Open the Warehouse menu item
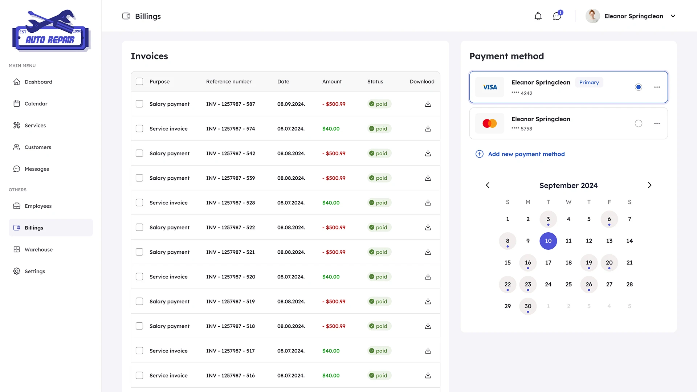38,249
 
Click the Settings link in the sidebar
35,271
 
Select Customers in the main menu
38,147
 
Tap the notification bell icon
538,16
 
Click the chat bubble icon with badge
557,16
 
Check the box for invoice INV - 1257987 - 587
139,104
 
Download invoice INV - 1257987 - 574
428,128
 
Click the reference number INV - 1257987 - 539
231,178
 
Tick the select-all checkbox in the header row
139,81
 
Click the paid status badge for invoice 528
379,203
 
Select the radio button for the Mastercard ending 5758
638,123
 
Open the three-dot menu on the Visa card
657,87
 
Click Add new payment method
526,154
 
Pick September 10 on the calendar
548,241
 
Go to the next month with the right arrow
649,185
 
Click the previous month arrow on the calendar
488,185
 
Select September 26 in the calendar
589,285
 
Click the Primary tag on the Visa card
589,82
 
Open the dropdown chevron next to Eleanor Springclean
673,16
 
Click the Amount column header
332,81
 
